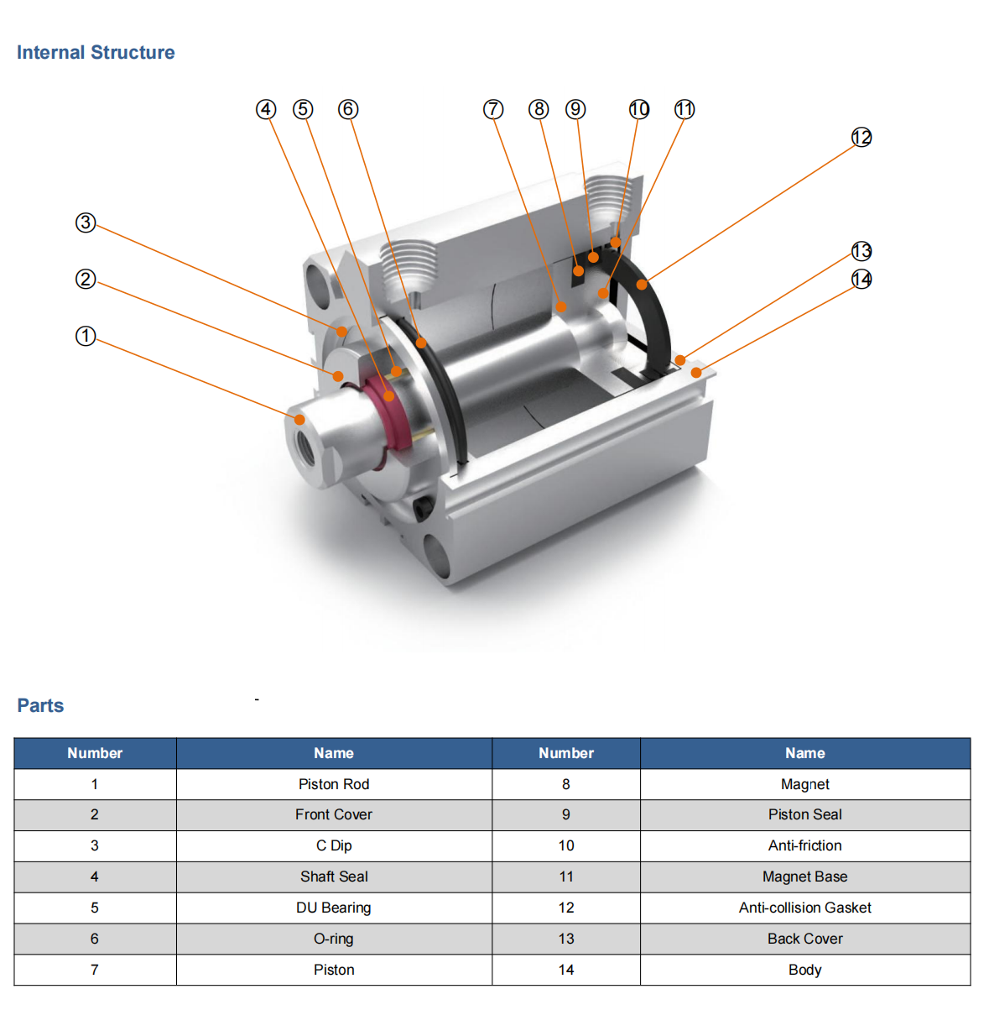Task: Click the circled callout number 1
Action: (x=86, y=336)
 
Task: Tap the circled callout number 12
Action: (x=861, y=137)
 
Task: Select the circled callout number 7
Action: (x=493, y=109)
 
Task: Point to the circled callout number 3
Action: (x=86, y=222)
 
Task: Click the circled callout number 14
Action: (x=861, y=279)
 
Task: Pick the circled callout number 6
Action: (x=348, y=109)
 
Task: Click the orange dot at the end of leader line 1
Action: (x=299, y=418)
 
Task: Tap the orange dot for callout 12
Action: (x=642, y=285)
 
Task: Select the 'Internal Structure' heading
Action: (x=96, y=52)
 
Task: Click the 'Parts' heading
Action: (x=40, y=705)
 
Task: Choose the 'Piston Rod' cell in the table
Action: (x=334, y=784)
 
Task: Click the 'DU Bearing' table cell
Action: (x=334, y=908)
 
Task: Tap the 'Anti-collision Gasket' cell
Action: (x=804, y=908)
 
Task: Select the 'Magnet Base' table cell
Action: (x=804, y=877)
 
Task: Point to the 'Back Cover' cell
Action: (x=804, y=939)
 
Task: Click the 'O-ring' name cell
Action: (x=334, y=939)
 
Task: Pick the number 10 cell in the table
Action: (x=566, y=845)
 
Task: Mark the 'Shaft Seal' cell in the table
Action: (x=334, y=877)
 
